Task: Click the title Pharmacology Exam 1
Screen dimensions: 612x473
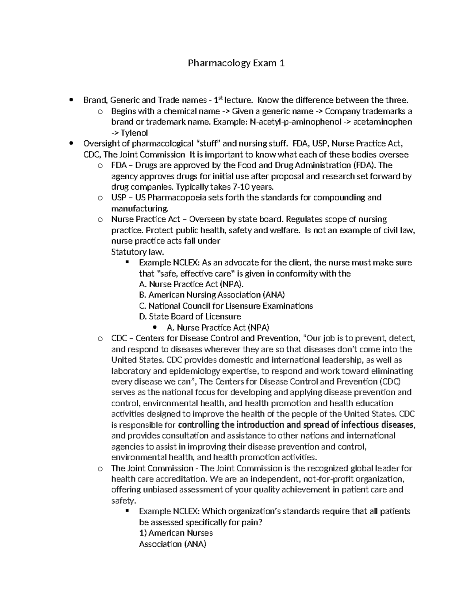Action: tap(236, 63)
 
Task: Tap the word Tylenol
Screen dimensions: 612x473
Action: tap(134, 133)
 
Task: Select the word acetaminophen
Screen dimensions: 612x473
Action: tap(382, 122)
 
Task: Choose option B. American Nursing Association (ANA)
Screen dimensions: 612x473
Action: tap(212, 295)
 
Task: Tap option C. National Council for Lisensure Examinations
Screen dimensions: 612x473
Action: tap(226, 306)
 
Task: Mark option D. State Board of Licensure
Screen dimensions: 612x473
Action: tap(190, 316)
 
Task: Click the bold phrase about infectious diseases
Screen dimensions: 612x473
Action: tap(296, 425)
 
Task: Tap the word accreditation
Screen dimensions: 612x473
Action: tap(181, 479)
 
